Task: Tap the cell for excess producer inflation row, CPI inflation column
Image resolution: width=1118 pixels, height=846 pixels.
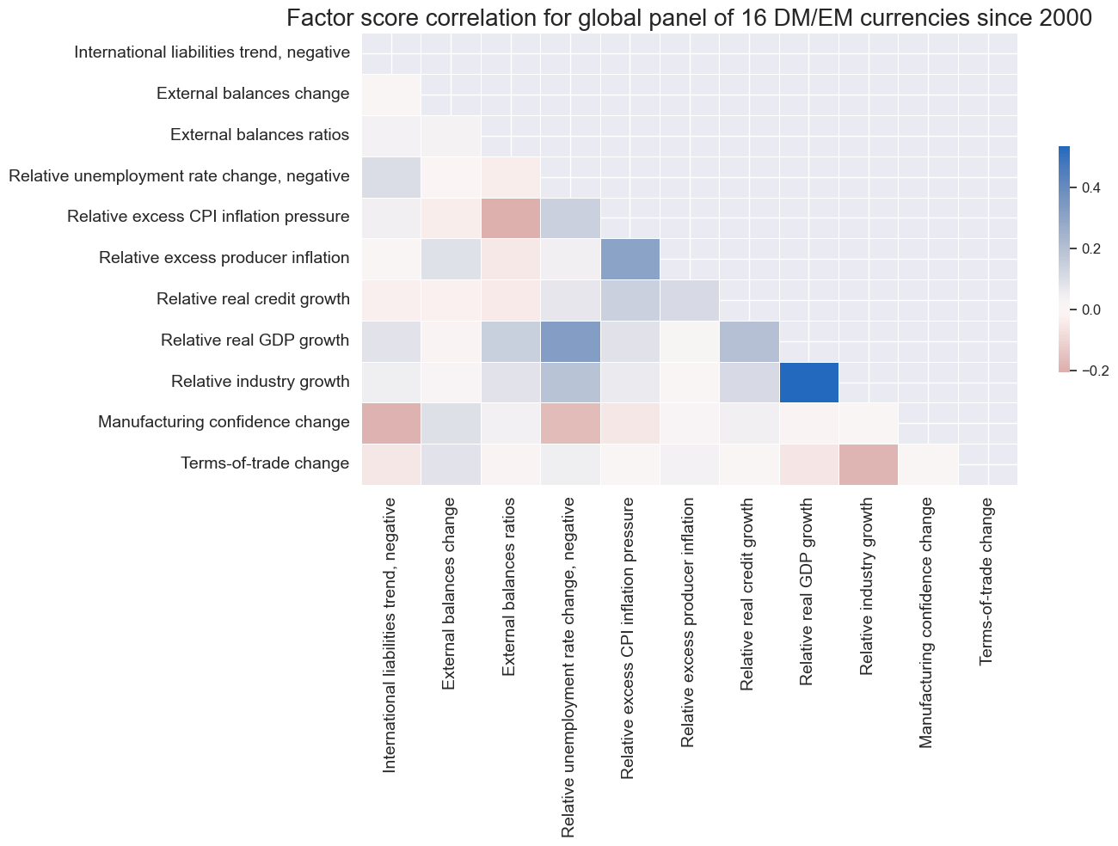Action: [630, 259]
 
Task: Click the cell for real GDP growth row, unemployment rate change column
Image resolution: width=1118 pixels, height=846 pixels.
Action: [570, 341]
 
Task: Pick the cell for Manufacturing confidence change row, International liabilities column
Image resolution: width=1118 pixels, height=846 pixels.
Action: [391, 423]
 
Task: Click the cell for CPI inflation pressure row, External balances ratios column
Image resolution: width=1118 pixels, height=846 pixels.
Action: [511, 218]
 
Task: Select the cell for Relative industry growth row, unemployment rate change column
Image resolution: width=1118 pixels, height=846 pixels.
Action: [570, 382]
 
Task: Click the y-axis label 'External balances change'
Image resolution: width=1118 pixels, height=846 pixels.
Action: [253, 94]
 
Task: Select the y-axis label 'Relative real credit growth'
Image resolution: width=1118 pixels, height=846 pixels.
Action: [253, 299]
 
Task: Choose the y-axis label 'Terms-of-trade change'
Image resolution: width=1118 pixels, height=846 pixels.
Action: [265, 464]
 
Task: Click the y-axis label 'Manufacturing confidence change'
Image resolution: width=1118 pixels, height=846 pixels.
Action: [224, 422]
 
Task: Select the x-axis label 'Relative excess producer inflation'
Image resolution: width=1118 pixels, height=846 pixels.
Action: [688, 622]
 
